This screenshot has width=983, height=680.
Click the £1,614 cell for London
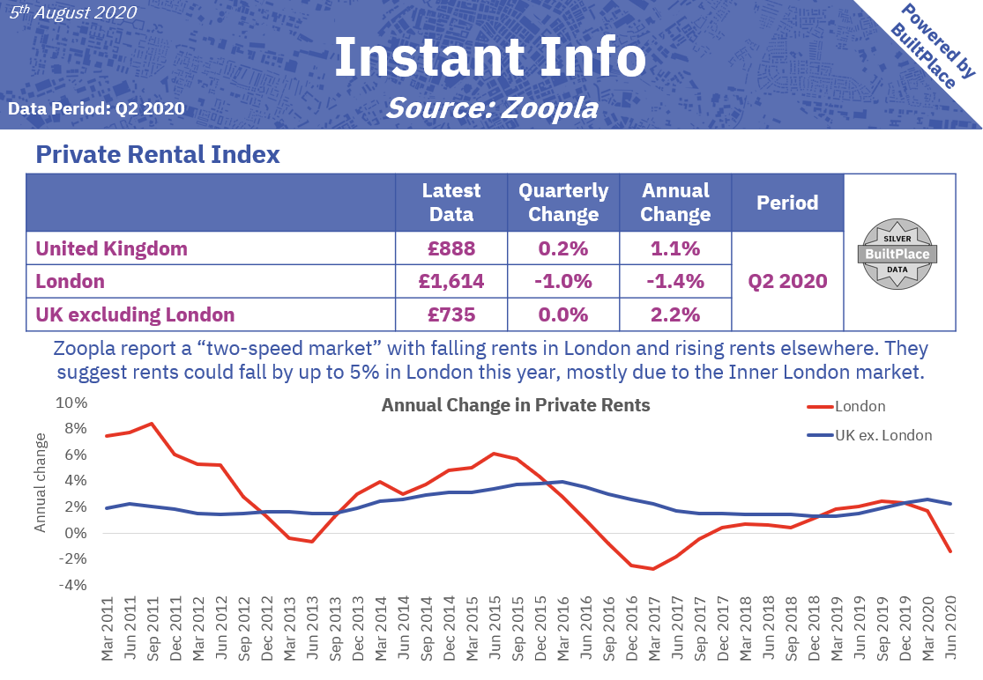[x=451, y=282]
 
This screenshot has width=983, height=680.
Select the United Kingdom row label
[x=111, y=248]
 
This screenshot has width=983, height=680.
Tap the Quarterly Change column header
[x=563, y=203]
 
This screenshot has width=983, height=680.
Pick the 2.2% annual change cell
[x=675, y=314]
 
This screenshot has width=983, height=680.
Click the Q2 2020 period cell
[x=787, y=282]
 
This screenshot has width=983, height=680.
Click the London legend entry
[x=846, y=406]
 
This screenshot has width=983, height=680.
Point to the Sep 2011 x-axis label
[x=152, y=633]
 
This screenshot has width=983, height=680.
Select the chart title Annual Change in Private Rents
[x=515, y=405]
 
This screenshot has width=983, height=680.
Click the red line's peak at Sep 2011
[x=152, y=424]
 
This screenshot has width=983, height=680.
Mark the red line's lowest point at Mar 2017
[x=653, y=569]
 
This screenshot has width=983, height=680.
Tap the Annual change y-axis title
[x=41, y=482]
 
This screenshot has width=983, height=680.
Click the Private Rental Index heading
[x=158, y=155]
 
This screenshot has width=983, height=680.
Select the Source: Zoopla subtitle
[x=491, y=107]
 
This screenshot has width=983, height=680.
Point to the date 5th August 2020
[x=72, y=12]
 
